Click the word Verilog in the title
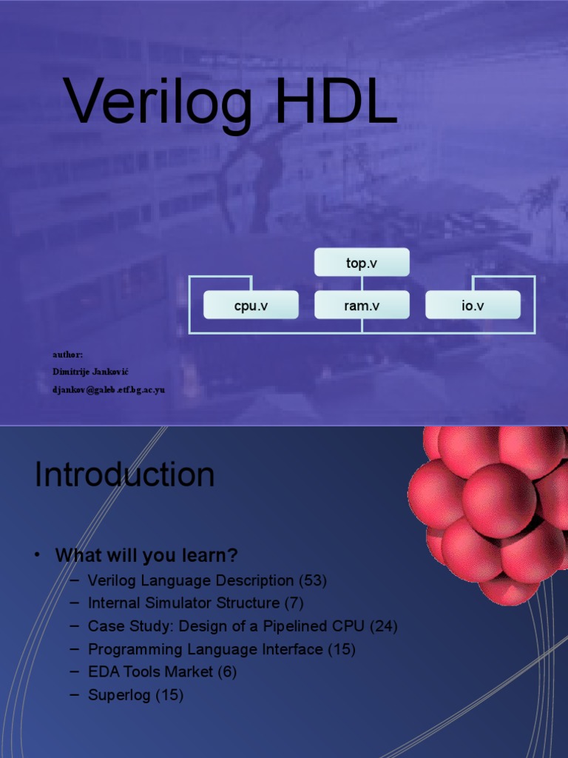[158, 103]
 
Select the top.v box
[361, 263]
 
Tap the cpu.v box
[251, 305]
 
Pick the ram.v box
[361, 305]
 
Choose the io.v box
[473, 305]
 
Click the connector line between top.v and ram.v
[362, 284]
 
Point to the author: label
[67, 355]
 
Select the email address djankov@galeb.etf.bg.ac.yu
[108, 389]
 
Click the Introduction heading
[124, 475]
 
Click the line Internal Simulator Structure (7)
[195, 603]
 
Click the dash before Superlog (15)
[74, 694]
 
